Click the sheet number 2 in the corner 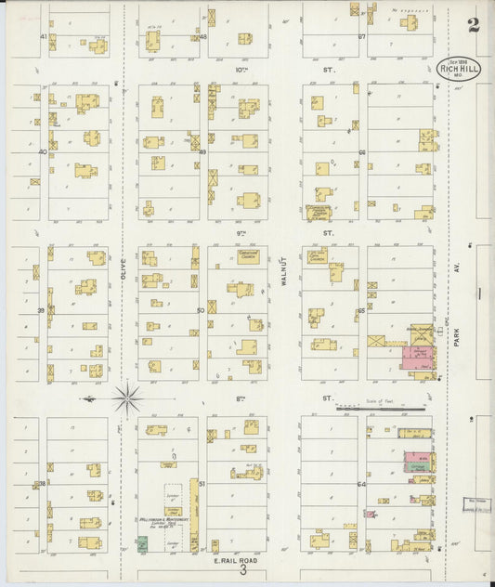click(474, 25)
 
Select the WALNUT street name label click(284, 269)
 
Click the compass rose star click(127, 398)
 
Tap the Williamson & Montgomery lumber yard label click(164, 523)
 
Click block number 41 click(43, 36)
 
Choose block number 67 click(362, 36)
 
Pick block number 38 click(41, 484)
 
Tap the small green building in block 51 click(142, 543)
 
